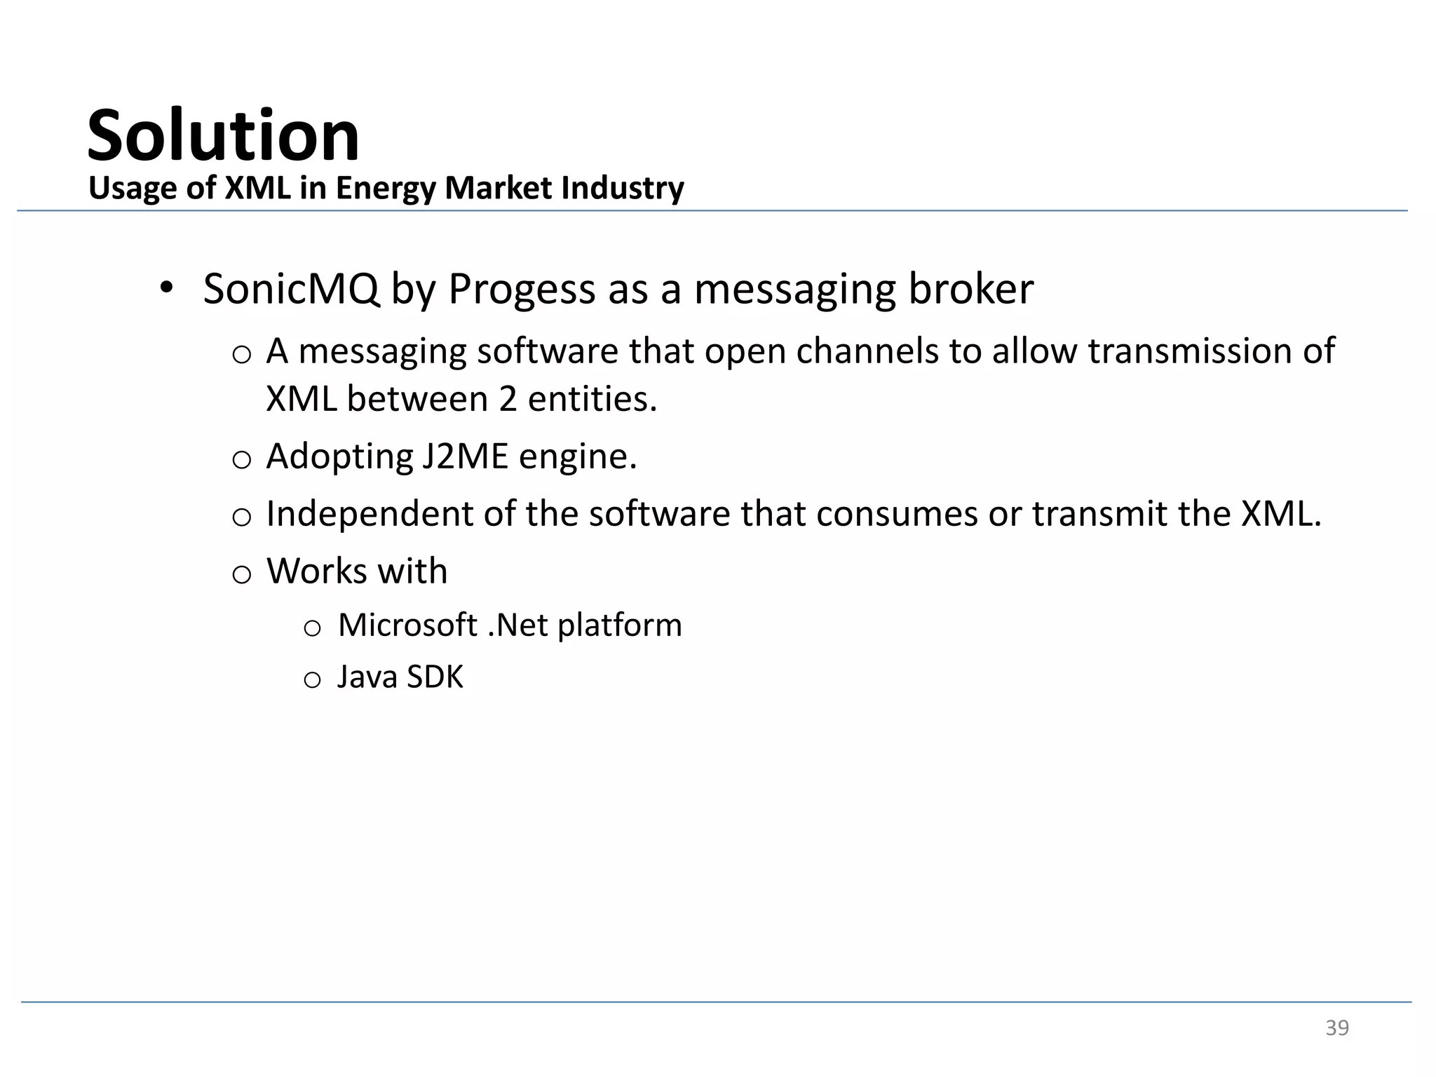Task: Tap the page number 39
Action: [1336, 1027]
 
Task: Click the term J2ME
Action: [465, 456]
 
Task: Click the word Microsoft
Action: [407, 625]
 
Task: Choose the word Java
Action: [367, 677]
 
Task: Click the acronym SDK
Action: [435, 677]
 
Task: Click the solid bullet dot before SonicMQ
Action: [165, 287]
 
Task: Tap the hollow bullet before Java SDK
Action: [312, 679]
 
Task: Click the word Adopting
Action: [340, 456]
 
